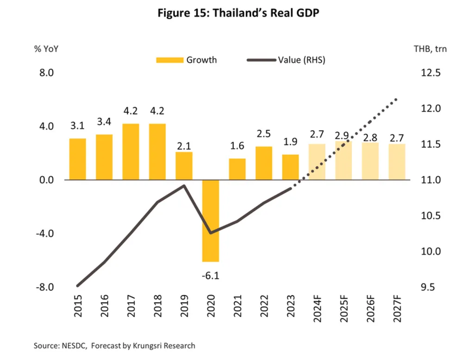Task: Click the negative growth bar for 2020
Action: tap(211, 221)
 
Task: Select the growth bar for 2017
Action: tap(131, 152)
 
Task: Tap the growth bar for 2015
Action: tap(78, 159)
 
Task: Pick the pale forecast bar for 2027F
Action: tap(397, 162)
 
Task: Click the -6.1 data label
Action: tap(211, 276)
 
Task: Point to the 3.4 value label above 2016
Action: tap(104, 122)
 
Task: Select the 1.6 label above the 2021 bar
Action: tap(237, 147)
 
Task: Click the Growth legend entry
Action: tap(187, 60)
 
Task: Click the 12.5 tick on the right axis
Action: tap(430, 73)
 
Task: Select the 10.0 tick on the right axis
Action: tap(430, 252)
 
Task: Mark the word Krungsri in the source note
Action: tap(146, 346)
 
